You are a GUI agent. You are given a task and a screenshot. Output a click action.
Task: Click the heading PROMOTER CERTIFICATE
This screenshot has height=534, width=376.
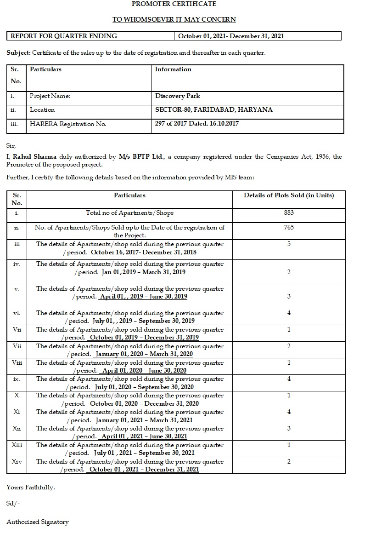click(174, 4)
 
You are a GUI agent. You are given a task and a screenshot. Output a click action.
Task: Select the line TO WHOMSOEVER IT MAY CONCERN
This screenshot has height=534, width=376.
click(174, 19)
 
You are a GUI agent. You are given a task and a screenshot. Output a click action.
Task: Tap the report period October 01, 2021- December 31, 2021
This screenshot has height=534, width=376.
click(231, 36)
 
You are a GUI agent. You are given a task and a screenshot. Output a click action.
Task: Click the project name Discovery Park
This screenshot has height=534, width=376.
click(178, 96)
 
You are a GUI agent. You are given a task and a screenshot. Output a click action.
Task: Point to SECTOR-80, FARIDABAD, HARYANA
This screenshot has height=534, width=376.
click(214, 110)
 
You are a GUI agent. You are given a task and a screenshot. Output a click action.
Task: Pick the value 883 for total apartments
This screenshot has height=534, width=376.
click(289, 212)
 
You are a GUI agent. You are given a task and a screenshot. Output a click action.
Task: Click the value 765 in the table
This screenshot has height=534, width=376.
click(289, 227)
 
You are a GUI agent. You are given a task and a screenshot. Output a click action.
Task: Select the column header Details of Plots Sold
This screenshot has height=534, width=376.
click(289, 195)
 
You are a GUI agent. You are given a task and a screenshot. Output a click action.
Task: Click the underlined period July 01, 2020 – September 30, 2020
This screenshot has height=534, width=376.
click(144, 387)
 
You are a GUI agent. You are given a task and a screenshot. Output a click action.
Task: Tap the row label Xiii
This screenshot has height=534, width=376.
click(17, 445)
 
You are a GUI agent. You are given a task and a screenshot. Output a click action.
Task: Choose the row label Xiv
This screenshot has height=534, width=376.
click(17, 461)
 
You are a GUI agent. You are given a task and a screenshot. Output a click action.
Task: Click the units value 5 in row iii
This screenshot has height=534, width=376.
click(289, 244)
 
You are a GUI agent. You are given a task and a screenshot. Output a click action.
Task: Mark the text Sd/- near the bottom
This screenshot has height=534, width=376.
click(13, 504)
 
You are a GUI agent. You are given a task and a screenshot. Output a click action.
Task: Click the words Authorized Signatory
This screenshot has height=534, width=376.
click(38, 522)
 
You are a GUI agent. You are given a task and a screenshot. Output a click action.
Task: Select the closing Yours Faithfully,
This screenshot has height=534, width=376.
click(30, 487)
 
